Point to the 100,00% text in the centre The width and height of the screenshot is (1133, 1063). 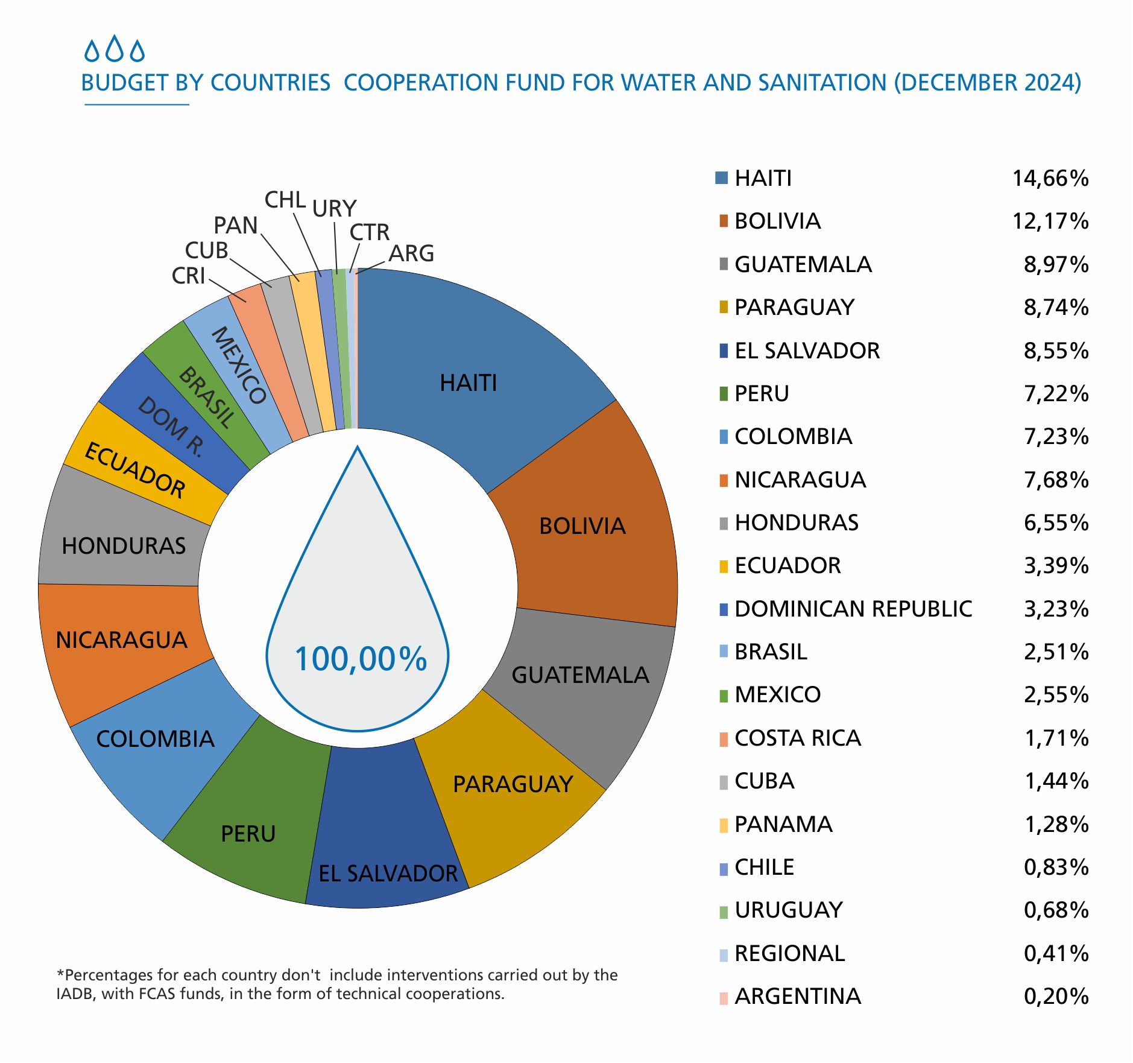(361, 659)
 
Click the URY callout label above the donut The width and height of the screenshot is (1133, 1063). (334, 209)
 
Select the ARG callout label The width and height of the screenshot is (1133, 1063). (411, 253)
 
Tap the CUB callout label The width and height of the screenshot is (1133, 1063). (206, 250)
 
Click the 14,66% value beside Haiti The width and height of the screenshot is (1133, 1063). (1050, 179)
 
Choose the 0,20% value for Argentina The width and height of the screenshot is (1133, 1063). (1056, 996)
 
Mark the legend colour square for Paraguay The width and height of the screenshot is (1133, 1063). (724, 308)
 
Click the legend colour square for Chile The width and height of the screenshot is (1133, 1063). (724, 868)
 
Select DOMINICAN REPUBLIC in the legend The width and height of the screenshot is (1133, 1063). (853, 609)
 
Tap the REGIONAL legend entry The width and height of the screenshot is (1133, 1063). (789, 953)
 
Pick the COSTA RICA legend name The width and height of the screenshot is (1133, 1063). (797, 738)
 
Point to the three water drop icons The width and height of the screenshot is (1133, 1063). (115, 50)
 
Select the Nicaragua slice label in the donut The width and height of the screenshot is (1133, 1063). (121, 639)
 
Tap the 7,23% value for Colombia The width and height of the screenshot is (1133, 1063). (1056, 436)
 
